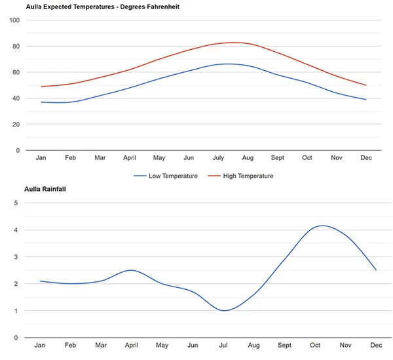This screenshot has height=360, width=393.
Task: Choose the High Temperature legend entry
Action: point(240,176)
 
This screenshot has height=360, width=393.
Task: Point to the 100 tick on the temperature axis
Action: point(14,20)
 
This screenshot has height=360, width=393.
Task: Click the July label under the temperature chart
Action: point(218,158)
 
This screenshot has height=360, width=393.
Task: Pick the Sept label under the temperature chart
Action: point(278,158)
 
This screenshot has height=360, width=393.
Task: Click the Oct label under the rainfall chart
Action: point(316,345)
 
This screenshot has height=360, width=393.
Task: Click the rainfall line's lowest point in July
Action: point(225,311)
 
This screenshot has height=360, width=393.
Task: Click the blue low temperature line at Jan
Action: point(41,102)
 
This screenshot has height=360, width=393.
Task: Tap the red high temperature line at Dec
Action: point(365,85)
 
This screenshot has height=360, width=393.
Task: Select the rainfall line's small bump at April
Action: point(131,270)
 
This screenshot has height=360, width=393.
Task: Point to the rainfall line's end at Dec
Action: point(376,270)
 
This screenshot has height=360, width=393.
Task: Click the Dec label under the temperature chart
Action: point(365,158)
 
